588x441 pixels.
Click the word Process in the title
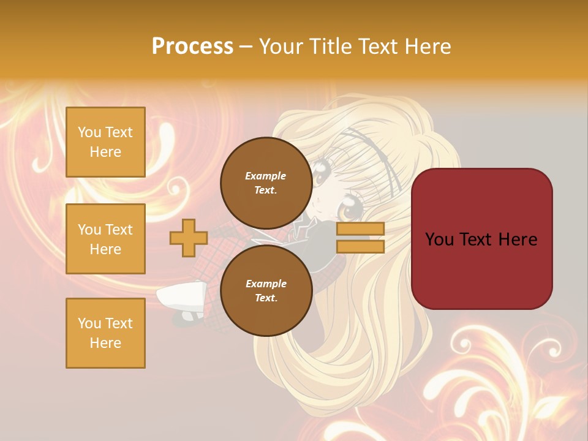coord(192,47)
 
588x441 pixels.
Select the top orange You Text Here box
coord(105,142)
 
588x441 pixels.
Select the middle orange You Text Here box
coord(105,239)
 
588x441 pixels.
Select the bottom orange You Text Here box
coord(105,333)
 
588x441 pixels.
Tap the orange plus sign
coord(188,238)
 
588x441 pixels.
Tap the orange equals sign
coord(360,238)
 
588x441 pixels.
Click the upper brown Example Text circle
coord(265,183)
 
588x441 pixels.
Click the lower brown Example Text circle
coord(265,290)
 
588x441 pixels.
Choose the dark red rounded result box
coord(481,239)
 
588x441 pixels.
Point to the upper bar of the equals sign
coord(360,229)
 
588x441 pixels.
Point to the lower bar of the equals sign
coord(360,246)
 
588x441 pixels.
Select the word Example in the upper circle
coord(265,176)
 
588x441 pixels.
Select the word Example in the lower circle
coord(265,284)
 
